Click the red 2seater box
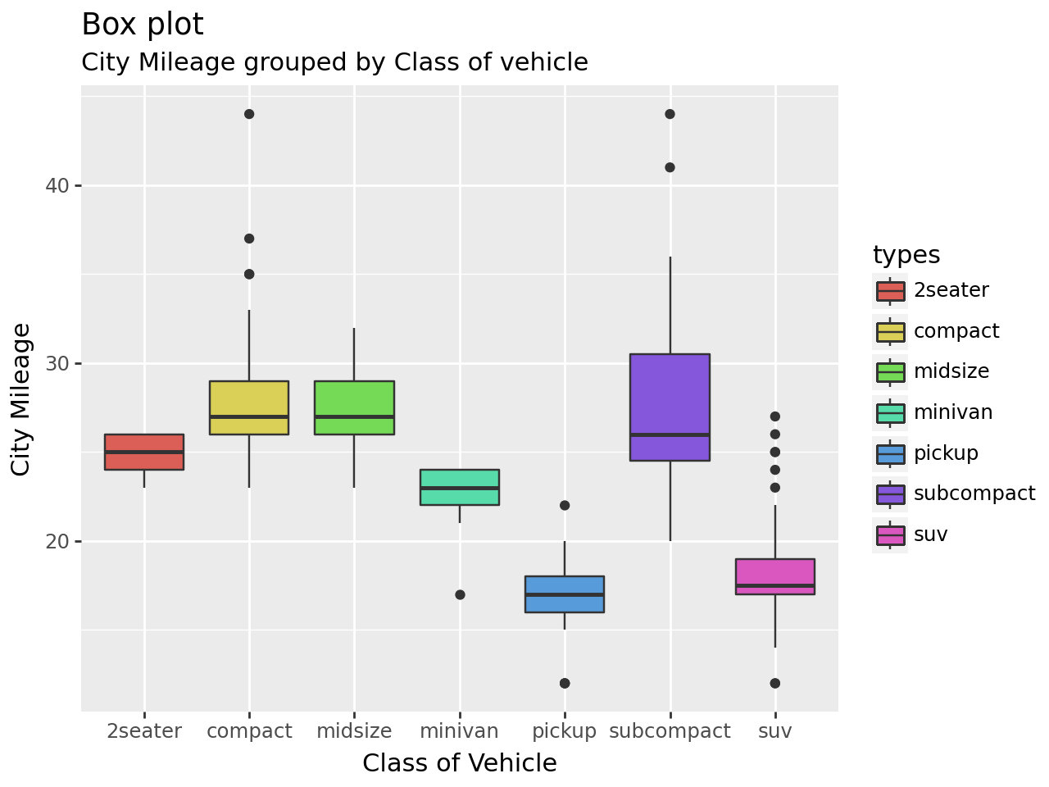144,452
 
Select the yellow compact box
249,407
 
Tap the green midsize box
354,407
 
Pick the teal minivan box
460,487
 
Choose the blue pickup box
565,594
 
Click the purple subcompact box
670,407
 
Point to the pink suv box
775,576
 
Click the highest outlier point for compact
249,114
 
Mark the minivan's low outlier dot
460,594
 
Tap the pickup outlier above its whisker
565,505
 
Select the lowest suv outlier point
775,684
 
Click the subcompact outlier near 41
670,167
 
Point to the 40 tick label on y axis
57,185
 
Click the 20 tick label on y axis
57,541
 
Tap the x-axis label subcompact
670,731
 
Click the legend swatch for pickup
890,454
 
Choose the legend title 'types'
906,255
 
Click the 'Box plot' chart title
143,25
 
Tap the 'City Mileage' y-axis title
20,399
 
